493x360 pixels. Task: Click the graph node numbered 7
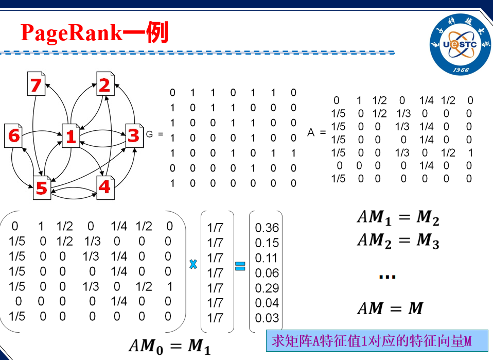click(36, 84)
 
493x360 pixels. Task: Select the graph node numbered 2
click(104, 84)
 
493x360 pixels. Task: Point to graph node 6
click(14, 135)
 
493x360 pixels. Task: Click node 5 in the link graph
click(41, 187)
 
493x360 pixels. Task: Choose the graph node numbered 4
click(104, 186)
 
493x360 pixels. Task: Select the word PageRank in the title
click(72, 33)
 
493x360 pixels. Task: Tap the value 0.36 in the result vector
click(267, 228)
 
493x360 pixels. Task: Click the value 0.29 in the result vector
click(267, 288)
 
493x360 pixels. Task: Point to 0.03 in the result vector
click(267, 318)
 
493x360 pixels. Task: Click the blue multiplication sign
click(193, 265)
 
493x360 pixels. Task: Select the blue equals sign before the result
click(240, 266)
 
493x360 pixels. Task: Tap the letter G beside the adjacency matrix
click(150, 134)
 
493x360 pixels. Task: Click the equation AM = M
click(390, 308)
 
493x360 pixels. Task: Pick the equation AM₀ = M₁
click(169, 347)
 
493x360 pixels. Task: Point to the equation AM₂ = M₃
click(398, 241)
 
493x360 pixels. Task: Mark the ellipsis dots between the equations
click(387, 277)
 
